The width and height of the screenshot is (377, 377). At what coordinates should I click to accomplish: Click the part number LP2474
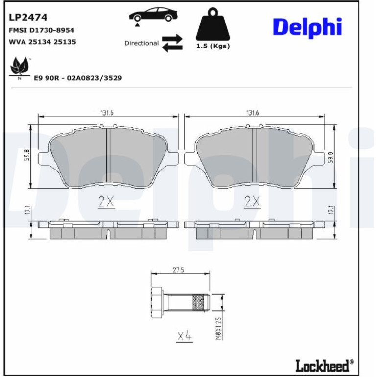click(x=28, y=17)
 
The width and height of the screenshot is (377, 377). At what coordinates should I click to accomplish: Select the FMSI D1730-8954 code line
click(x=42, y=30)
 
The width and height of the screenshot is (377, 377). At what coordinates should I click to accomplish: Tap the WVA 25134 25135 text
click(x=42, y=42)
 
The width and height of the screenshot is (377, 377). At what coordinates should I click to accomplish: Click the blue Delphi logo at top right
click(x=307, y=27)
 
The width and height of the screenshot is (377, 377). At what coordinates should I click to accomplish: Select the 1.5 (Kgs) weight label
click(x=213, y=46)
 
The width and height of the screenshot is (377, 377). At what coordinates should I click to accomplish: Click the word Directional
click(x=141, y=43)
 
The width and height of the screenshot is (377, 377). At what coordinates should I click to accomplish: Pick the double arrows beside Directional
click(x=172, y=43)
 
